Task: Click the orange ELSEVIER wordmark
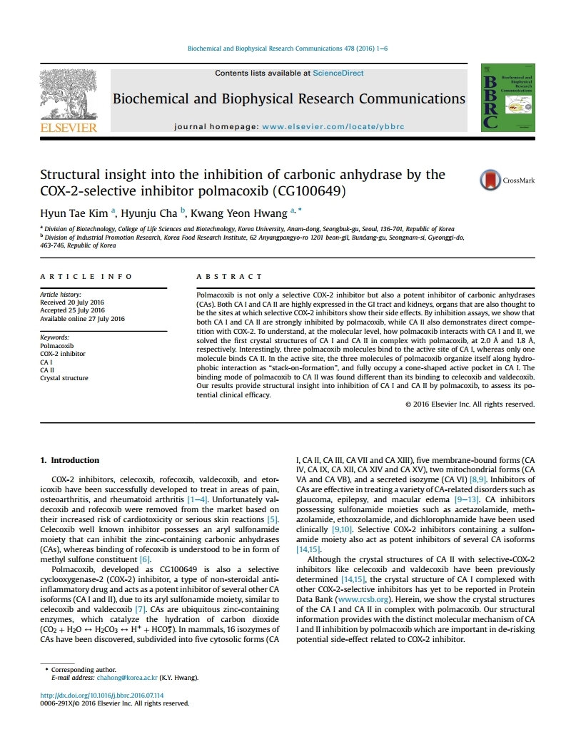coord(69,128)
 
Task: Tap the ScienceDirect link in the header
coord(338,73)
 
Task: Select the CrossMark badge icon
coord(490,180)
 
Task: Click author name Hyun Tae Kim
coord(71,212)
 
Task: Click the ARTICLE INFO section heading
coord(86,276)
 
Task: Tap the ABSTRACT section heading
coord(229,276)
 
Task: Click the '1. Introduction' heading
coord(70,460)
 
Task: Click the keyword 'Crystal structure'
coord(64,378)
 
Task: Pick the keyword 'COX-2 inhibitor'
coord(62,354)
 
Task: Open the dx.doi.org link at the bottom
coord(101,695)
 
